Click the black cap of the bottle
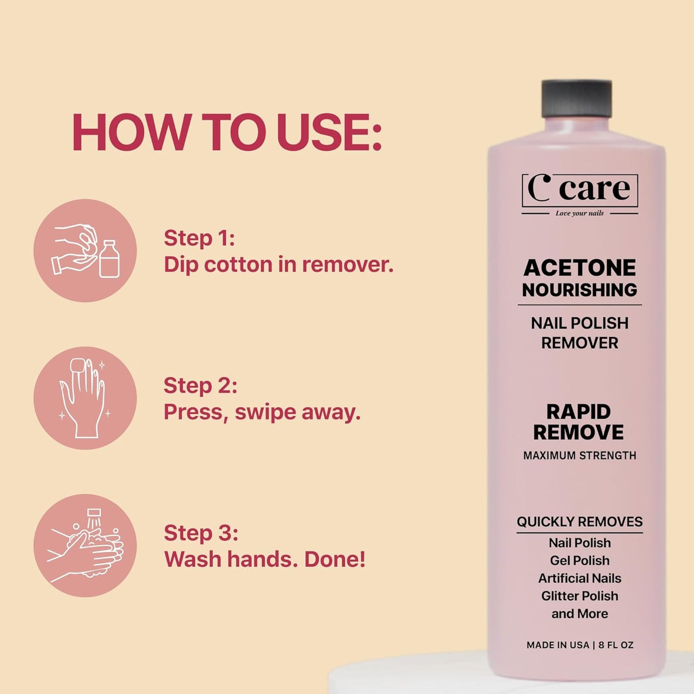[x=576, y=99]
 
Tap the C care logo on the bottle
[x=580, y=189]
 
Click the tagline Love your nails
[x=579, y=213]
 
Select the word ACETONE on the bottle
[x=580, y=268]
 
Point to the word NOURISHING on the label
[x=580, y=290]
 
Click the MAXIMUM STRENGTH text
[x=580, y=455]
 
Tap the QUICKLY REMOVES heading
[x=580, y=522]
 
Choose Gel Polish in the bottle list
[x=580, y=560]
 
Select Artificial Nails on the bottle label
[x=580, y=578]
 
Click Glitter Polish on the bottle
[x=580, y=596]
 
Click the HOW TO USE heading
[x=227, y=133]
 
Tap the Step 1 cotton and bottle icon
[x=85, y=251]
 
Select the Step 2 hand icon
[x=85, y=398]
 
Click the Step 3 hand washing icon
[x=85, y=546]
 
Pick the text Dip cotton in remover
[x=279, y=265]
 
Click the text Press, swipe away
[x=262, y=412]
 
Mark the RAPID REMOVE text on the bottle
[x=579, y=422]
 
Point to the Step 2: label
[x=200, y=386]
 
